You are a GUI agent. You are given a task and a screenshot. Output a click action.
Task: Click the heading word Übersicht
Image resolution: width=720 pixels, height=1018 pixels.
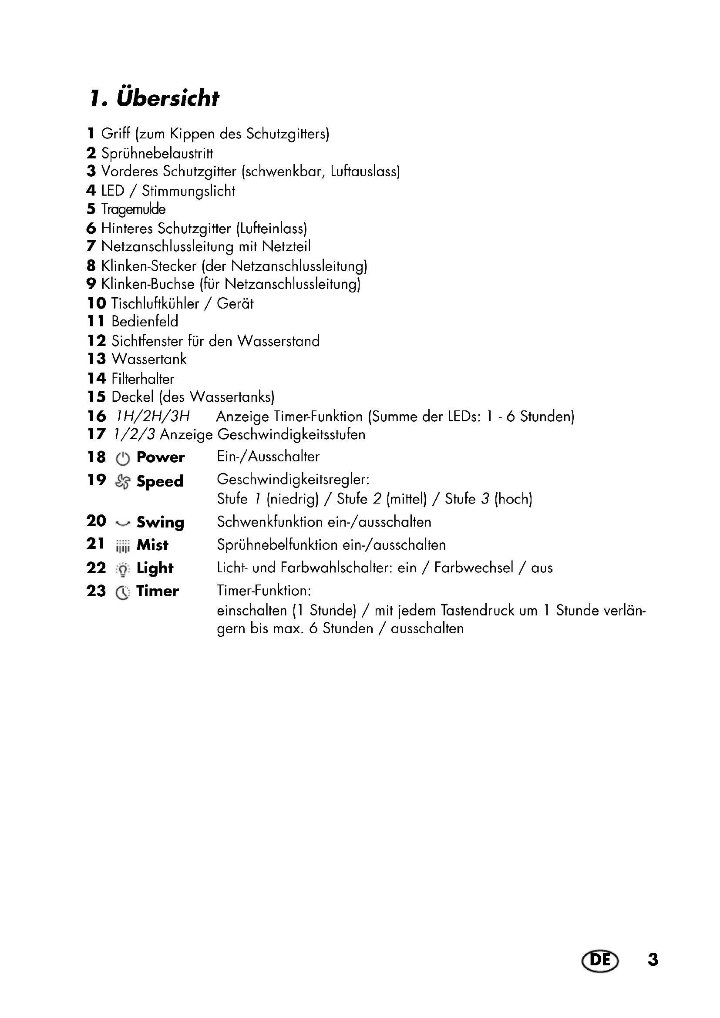(x=168, y=98)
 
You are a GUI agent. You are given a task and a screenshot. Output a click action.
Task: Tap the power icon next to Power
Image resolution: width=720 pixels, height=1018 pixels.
(x=123, y=458)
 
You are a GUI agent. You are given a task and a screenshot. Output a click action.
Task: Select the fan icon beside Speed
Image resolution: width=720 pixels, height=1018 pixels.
(x=123, y=481)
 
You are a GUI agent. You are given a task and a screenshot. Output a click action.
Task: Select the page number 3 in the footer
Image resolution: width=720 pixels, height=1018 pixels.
(x=653, y=960)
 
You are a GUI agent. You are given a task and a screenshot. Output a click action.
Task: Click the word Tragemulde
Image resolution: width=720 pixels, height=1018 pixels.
(x=134, y=209)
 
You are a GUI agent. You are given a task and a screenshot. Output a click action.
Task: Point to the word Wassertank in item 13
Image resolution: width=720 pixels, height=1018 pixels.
(x=149, y=359)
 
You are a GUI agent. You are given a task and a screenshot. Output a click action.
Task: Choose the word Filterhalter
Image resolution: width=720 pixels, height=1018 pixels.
(x=143, y=379)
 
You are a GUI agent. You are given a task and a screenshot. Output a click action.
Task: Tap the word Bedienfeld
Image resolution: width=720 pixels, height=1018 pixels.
(x=145, y=321)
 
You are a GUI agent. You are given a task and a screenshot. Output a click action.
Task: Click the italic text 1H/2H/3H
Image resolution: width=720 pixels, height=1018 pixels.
(x=152, y=417)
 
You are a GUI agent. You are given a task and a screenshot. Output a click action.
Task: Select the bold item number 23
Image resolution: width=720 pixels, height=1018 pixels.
(x=96, y=591)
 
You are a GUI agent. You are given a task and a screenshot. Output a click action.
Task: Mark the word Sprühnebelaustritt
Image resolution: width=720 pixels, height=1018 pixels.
(x=158, y=153)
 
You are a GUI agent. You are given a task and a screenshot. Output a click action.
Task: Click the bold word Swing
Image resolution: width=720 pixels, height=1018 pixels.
(x=160, y=522)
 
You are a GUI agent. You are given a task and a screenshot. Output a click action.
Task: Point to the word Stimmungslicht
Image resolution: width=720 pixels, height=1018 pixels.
(x=188, y=191)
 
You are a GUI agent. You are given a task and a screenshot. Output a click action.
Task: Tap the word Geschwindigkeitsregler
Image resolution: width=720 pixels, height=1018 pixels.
(x=292, y=479)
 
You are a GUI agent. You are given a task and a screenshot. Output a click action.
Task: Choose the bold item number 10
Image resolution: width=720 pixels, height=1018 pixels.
(x=96, y=303)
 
